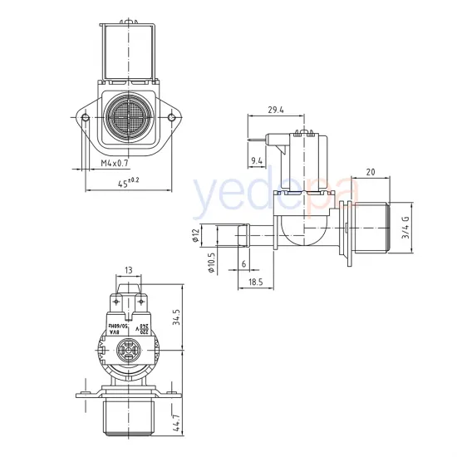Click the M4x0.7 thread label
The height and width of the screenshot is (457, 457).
point(115,164)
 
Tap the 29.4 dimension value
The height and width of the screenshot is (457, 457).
point(277,109)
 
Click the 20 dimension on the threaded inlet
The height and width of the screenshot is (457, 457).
point(369,171)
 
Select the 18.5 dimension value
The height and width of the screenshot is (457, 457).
point(255,283)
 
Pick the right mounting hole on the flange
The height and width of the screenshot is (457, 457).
point(171,118)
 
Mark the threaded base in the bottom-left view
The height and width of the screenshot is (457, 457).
point(128,420)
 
